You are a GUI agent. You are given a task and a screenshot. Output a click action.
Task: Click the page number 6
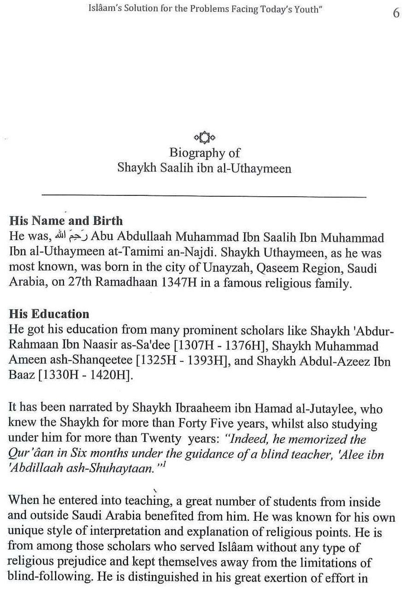(x=396, y=13)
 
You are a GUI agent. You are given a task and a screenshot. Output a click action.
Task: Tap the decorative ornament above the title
(x=204, y=138)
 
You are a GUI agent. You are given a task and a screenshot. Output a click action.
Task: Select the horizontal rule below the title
(x=204, y=196)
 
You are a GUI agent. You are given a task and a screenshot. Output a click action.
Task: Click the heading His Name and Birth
(x=66, y=221)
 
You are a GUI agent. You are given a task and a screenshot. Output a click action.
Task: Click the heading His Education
(x=49, y=314)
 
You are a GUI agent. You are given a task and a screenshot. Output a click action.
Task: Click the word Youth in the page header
(x=306, y=9)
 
